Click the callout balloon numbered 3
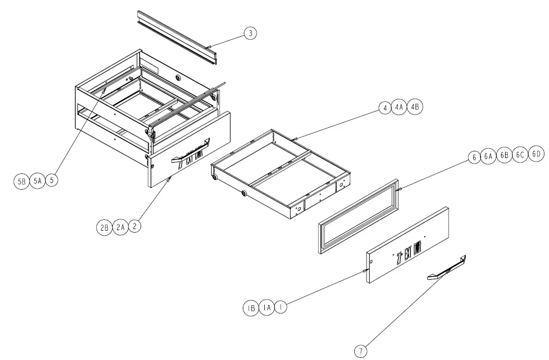pyautogui.click(x=250, y=34)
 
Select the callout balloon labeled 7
pyautogui.click(x=361, y=351)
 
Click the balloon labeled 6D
pyautogui.click(x=536, y=156)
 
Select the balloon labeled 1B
pyautogui.click(x=250, y=308)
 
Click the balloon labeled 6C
pyautogui.click(x=520, y=156)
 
